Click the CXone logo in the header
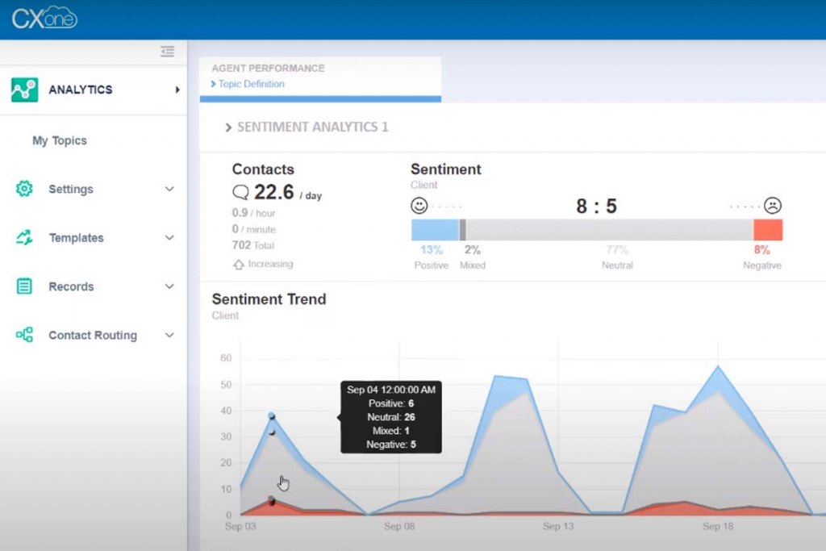pos(44,18)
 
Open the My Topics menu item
pos(59,140)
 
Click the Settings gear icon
pos(24,189)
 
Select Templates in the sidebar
pos(76,238)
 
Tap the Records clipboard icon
pos(24,286)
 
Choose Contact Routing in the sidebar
pos(92,336)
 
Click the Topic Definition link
pos(251,84)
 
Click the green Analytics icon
pos(24,90)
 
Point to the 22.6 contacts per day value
pos(273,192)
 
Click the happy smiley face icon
pos(419,206)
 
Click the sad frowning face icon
pos(773,206)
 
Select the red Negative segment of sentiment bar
pos(768,230)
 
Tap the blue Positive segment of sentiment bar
pos(435,230)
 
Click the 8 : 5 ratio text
pos(596,207)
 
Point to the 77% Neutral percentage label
pos(617,250)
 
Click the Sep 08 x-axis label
pos(399,527)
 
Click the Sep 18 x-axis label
pos(717,527)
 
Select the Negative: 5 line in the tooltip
pos(390,445)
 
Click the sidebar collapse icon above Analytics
pos(167,52)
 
